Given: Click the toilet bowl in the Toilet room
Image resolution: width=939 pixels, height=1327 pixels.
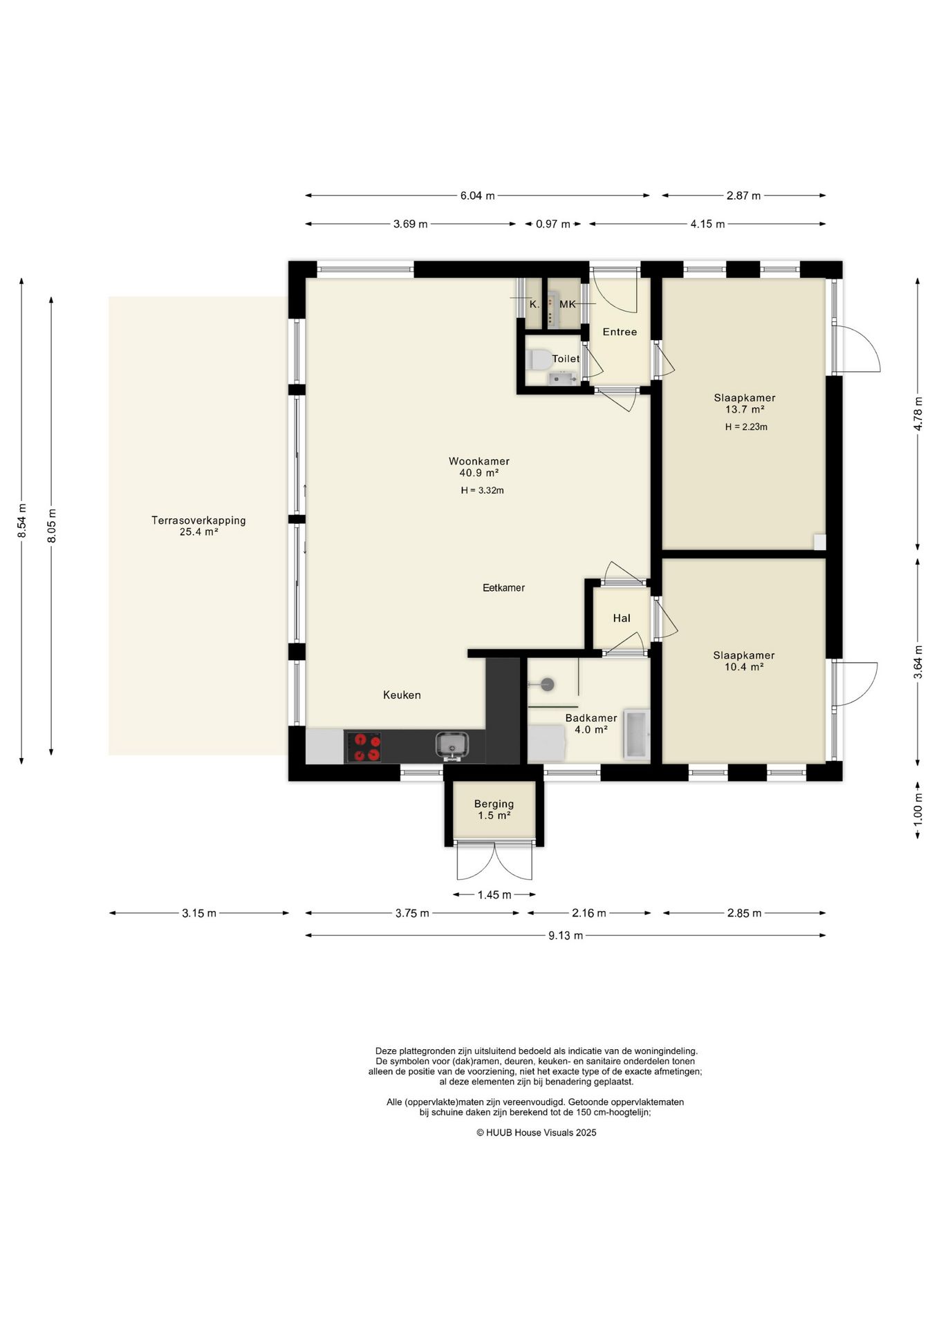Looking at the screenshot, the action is pyautogui.click(x=539, y=359).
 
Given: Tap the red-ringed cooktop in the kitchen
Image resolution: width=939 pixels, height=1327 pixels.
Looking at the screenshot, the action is pyautogui.click(x=364, y=746).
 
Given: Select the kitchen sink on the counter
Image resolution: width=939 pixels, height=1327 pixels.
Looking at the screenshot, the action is pyautogui.click(x=452, y=744).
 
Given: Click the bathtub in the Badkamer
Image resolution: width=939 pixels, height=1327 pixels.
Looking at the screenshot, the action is pyautogui.click(x=635, y=734).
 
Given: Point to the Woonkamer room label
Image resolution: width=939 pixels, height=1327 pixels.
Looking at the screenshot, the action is pyautogui.click(x=479, y=461).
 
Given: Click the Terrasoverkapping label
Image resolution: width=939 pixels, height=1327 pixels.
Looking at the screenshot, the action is pyautogui.click(x=198, y=520).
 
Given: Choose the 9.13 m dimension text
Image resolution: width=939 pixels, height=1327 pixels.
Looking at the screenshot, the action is pyautogui.click(x=566, y=936).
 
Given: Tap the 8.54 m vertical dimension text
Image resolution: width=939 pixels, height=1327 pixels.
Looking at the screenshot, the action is pyautogui.click(x=22, y=518).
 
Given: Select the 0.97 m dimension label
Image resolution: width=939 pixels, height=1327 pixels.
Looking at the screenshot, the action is pyautogui.click(x=553, y=224).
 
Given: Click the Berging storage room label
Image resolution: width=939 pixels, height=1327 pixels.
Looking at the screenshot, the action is pyautogui.click(x=494, y=804).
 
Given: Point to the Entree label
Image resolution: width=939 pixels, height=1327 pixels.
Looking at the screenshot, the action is pyautogui.click(x=620, y=332).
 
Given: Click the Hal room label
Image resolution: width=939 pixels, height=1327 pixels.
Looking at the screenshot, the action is pyautogui.click(x=622, y=618).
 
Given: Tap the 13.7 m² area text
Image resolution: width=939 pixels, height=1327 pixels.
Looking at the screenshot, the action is pyautogui.click(x=745, y=409).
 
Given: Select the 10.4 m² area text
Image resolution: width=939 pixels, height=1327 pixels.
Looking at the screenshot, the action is pyautogui.click(x=744, y=667).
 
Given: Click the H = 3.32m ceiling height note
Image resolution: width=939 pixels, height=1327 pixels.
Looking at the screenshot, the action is pyautogui.click(x=482, y=491).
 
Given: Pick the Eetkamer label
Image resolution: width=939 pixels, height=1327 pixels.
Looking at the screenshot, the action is pyautogui.click(x=503, y=587).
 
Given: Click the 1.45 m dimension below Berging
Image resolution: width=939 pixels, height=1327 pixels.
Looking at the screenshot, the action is pyautogui.click(x=494, y=895).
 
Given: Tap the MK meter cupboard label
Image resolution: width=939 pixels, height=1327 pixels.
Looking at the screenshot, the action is pyautogui.click(x=567, y=304).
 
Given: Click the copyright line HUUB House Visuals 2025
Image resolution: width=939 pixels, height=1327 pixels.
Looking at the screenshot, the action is pyautogui.click(x=537, y=1133).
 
